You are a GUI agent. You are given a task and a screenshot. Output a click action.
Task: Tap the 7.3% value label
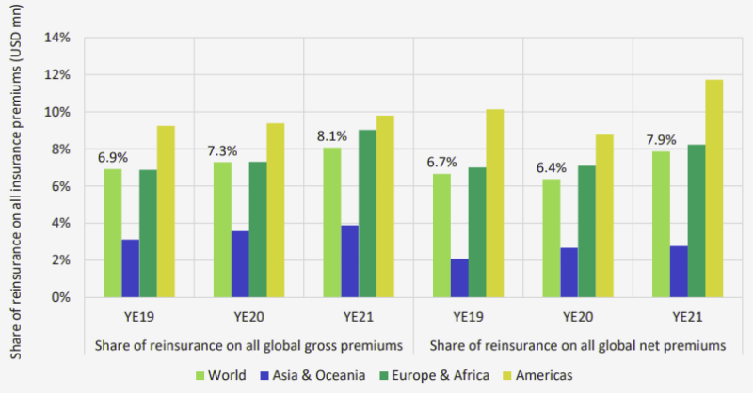coord(223,150)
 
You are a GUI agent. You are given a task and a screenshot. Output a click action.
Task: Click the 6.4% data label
coord(553,167)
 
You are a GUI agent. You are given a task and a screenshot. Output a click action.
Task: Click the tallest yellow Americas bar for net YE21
coord(714,188)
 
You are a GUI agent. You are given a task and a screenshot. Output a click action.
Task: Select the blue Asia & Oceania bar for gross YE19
coord(130,268)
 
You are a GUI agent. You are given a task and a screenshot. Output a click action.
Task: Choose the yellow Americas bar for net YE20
coord(604,215)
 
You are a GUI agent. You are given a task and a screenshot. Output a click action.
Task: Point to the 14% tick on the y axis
coord(59,38)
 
